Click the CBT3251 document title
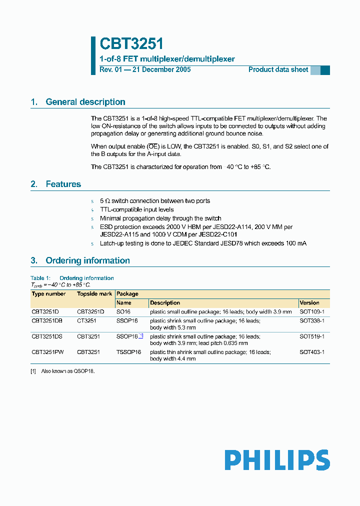click(131, 44)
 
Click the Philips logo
click(276, 460)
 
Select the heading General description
click(85, 102)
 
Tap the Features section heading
click(63, 184)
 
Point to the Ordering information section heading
click(87, 260)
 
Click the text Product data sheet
click(278, 69)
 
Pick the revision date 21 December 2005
click(161, 69)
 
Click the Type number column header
click(48, 294)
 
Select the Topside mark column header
click(94, 294)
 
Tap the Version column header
click(309, 302)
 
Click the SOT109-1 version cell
click(312, 311)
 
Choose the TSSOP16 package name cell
click(129, 352)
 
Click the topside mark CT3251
click(86, 320)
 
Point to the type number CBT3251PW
click(47, 352)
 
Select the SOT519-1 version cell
click(312, 336)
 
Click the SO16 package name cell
click(123, 311)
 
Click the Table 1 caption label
click(41, 278)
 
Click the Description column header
click(165, 302)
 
